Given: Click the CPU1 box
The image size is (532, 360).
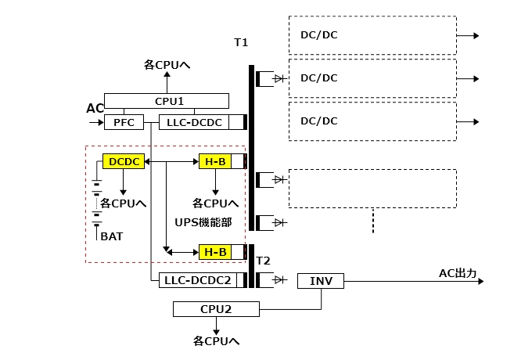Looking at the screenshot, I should pos(167,101).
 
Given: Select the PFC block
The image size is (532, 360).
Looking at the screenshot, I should pos(119,122).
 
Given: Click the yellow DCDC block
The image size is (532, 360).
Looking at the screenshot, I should pos(123,161).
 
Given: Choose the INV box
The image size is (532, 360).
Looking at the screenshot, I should pos(321,280).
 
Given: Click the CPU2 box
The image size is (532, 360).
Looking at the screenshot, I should pos(216,309).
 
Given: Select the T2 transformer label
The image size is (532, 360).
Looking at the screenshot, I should pos(264,261).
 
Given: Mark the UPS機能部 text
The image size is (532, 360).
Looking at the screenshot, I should pos(203,222).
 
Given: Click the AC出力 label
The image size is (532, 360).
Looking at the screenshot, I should pos(458,272).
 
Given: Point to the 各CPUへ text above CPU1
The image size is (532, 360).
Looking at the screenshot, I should pos(167,65).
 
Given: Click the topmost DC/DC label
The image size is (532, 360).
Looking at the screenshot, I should pos(318,35).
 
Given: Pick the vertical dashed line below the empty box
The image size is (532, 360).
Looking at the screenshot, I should pos(373,221).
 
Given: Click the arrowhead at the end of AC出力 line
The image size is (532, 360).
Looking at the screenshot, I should pos(479,280).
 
